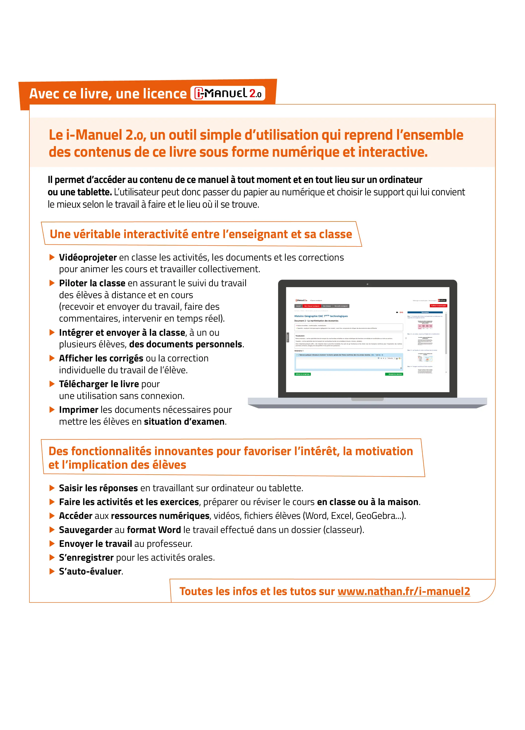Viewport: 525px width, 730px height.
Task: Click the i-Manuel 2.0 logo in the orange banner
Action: (228, 93)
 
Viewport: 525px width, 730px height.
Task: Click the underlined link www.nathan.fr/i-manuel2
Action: (404, 591)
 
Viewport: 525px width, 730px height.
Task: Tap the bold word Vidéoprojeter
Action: (88, 258)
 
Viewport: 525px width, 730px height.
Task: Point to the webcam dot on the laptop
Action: (367, 284)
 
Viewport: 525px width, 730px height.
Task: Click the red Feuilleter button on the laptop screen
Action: (439, 306)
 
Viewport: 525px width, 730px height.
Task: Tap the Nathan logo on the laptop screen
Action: (442, 300)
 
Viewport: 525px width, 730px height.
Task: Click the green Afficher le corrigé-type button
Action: (303, 374)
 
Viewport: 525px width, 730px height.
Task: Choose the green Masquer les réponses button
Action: (394, 374)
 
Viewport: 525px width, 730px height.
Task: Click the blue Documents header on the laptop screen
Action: (425, 312)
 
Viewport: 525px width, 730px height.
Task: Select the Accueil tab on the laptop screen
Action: (298, 306)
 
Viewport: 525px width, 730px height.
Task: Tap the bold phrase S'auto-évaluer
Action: (90, 571)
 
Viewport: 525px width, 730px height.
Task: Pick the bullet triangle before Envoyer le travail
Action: (52, 544)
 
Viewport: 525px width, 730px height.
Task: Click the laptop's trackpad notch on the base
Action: (367, 399)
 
